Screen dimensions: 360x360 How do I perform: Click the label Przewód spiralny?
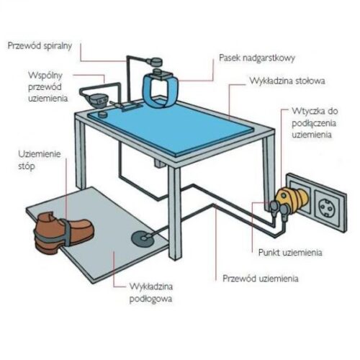[x=40, y=46]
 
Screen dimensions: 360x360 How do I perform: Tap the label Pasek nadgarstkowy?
[x=257, y=58]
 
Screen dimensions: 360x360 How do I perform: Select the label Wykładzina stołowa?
[x=287, y=81]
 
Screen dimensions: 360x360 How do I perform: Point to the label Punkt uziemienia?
[x=290, y=253]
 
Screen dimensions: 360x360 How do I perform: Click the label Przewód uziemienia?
[x=261, y=279]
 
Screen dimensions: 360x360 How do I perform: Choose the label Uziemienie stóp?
[x=40, y=160]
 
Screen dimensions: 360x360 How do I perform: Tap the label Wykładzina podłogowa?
[x=151, y=293]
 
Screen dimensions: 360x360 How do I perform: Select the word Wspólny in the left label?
[x=45, y=76]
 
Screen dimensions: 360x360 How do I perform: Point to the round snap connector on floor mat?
[x=143, y=239]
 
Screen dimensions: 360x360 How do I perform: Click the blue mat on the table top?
[x=171, y=127]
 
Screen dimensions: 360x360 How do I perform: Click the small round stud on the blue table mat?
[x=103, y=114]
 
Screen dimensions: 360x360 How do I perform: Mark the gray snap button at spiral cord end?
[x=156, y=62]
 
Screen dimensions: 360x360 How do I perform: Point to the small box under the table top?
[x=159, y=163]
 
